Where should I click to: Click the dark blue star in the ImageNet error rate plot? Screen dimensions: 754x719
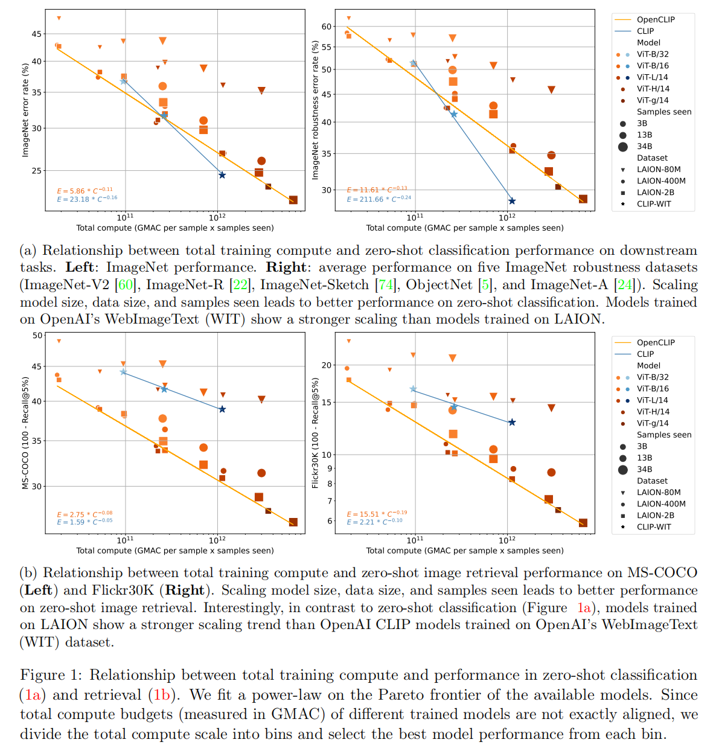click(x=222, y=175)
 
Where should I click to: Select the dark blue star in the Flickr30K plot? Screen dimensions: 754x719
click(x=512, y=423)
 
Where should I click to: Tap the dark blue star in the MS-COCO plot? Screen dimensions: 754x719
click(x=222, y=409)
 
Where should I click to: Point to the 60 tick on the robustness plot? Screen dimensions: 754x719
click(x=327, y=27)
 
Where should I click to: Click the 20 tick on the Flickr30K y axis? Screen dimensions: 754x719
click(x=327, y=365)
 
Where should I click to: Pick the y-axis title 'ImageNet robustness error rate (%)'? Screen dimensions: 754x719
click(x=315, y=110)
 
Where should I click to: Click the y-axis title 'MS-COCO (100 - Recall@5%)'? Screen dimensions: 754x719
click(x=25, y=433)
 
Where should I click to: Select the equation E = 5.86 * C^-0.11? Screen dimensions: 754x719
click(x=85, y=191)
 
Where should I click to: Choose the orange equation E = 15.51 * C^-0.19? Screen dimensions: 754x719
click(x=377, y=514)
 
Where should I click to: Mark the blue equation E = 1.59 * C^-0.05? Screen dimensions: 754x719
click(x=85, y=522)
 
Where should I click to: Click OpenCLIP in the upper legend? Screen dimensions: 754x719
click(x=656, y=19)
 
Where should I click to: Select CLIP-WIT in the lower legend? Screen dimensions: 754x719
click(x=654, y=527)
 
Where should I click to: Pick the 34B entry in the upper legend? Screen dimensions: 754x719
click(x=644, y=146)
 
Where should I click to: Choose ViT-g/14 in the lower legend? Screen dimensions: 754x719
click(x=653, y=423)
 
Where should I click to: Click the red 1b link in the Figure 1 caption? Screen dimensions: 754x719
click(x=162, y=695)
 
